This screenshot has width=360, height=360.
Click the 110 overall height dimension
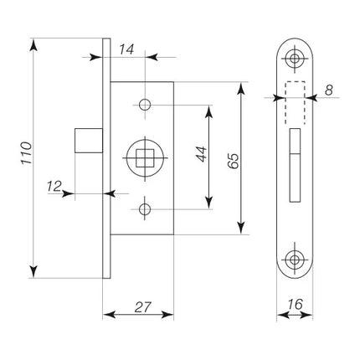(27, 153)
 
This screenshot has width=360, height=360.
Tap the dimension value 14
(126, 49)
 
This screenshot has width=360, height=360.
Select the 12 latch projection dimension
(54, 186)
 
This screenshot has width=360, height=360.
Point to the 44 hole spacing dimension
(202, 154)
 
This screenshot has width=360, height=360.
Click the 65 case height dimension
(234, 161)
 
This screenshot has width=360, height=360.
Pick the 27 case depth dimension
(142, 307)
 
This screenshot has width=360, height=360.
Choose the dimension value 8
(329, 90)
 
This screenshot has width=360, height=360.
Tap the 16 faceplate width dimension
(295, 304)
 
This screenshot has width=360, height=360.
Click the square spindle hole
(145, 158)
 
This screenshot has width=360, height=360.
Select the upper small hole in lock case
(145, 105)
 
